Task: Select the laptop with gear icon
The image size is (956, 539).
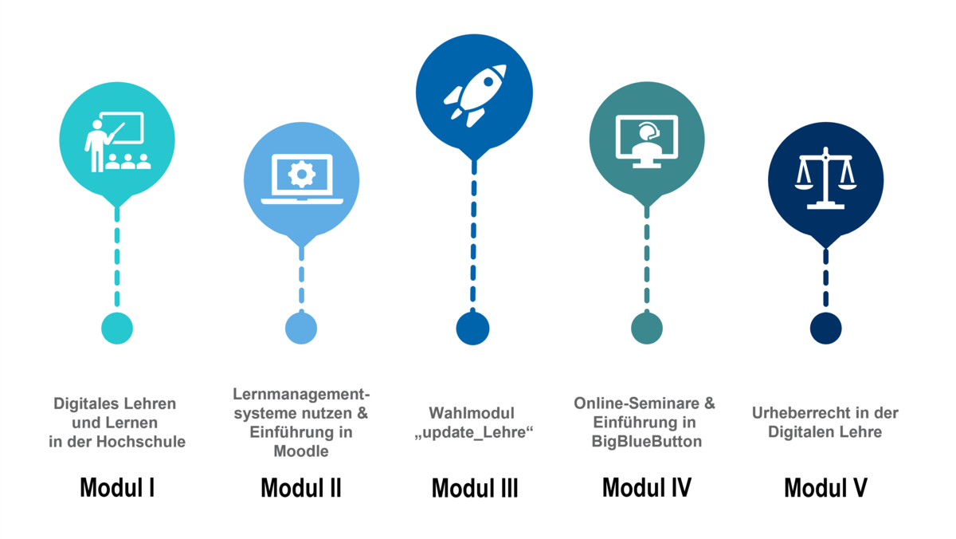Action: coord(301,179)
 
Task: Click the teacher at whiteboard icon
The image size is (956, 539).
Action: coord(117,141)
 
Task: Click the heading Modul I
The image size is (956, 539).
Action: coord(117,487)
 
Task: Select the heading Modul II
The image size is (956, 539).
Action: coord(301,487)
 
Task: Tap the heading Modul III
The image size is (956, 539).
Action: coord(475,487)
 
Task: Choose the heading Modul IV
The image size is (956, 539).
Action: coord(646,487)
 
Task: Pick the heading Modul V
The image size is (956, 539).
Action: coord(825,487)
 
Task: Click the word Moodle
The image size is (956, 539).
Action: coord(302,451)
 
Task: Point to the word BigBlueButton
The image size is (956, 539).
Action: coord(646,441)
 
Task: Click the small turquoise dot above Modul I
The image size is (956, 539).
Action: coord(117,328)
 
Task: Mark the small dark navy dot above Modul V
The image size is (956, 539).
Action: coord(825,328)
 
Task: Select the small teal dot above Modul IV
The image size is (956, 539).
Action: coord(646,328)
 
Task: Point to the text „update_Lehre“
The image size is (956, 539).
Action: coord(474,432)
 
